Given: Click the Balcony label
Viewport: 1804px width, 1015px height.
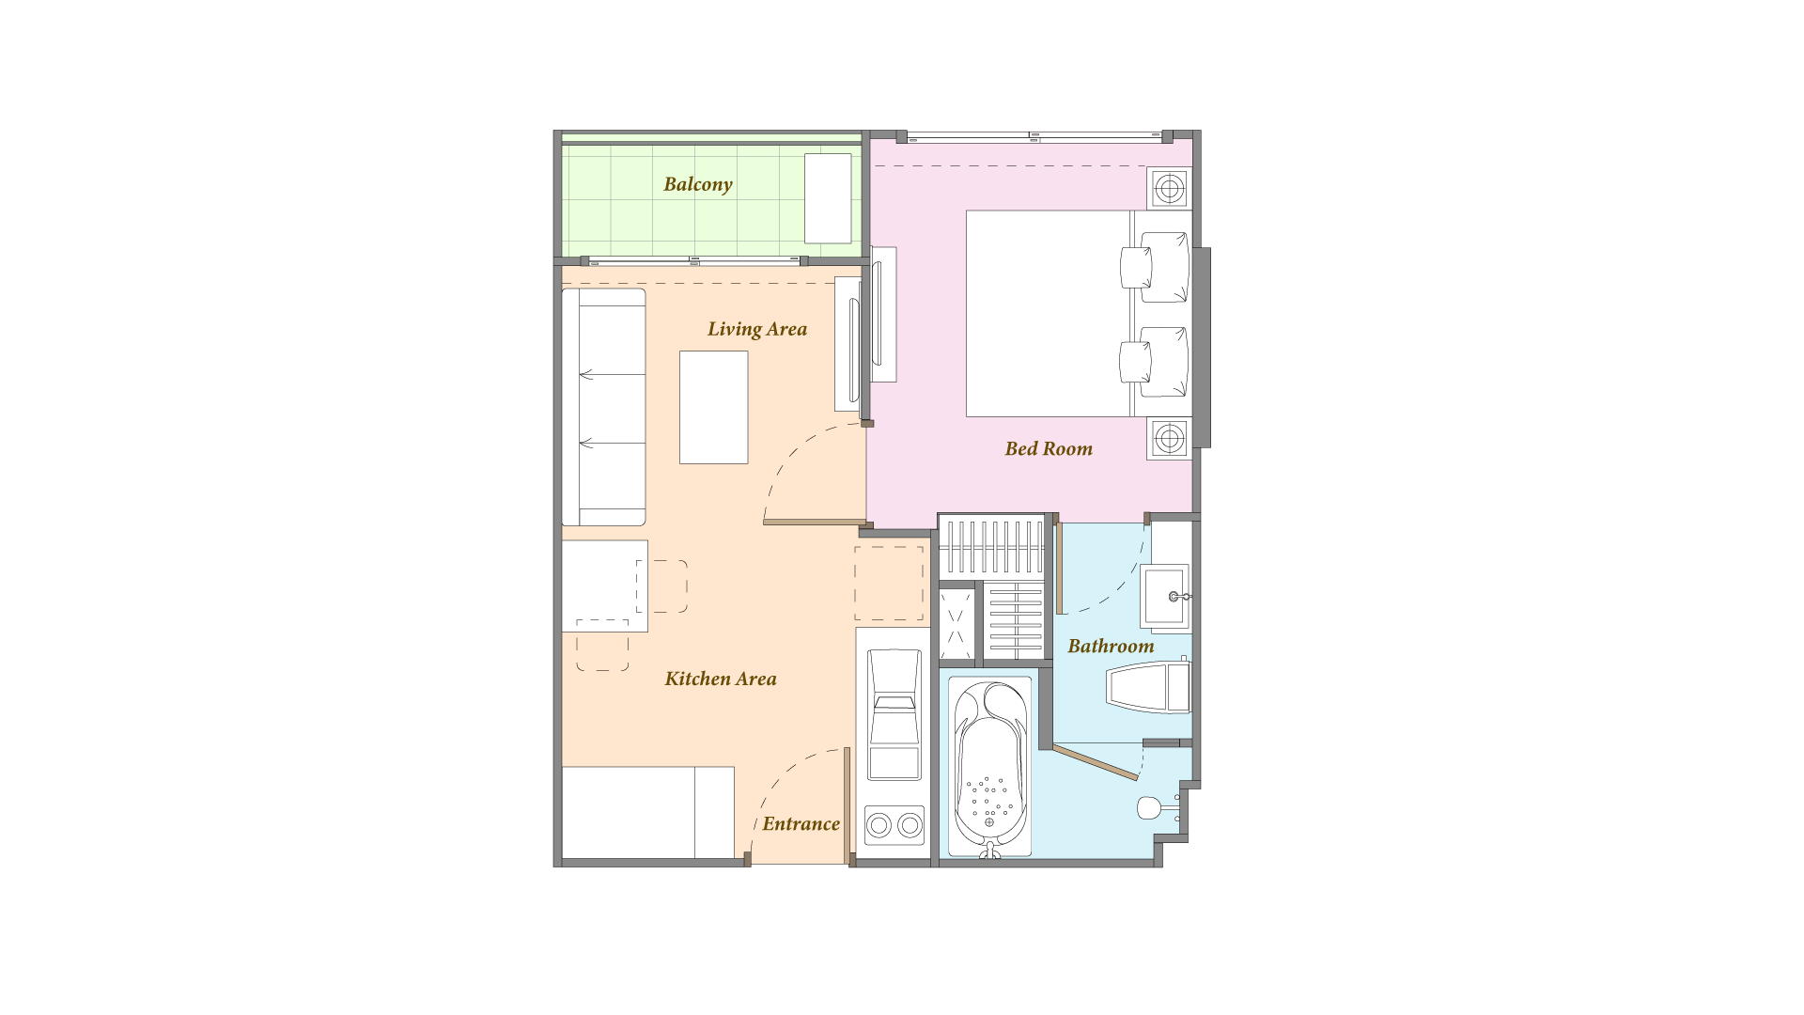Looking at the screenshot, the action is tap(697, 184).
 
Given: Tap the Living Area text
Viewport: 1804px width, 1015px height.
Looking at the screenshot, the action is tap(757, 329).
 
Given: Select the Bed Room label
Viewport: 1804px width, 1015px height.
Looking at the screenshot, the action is tap(1049, 448).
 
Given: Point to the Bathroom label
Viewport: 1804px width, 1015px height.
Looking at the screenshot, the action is tap(1111, 646).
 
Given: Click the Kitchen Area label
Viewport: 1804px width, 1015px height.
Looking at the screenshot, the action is tap(721, 679).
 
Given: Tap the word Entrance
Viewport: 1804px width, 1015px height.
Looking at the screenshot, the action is tap(801, 824).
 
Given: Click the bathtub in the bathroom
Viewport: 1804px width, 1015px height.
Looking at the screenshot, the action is tap(989, 767).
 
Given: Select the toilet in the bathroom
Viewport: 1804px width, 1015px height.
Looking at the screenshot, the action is tap(1149, 688).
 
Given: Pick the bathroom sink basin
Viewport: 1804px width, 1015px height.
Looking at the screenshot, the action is tap(1165, 596).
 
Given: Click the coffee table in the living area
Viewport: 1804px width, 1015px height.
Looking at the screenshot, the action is tap(714, 407).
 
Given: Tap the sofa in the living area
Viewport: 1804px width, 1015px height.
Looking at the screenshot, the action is tap(603, 407).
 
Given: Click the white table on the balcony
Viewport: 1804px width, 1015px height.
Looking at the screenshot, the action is tap(828, 198).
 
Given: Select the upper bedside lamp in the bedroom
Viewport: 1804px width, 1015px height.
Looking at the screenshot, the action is tap(1169, 189).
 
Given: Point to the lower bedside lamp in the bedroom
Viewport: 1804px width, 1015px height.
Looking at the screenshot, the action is tap(1169, 438).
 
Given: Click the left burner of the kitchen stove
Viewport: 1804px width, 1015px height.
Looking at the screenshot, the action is tap(879, 825).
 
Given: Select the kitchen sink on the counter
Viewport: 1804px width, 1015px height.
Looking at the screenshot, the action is tap(894, 714).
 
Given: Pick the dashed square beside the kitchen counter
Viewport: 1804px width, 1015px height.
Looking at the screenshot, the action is tap(889, 584).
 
